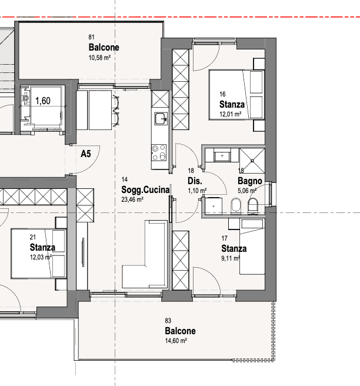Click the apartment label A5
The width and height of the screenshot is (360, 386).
coord(86,154)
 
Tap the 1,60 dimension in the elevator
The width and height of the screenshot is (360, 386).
coord(43,101)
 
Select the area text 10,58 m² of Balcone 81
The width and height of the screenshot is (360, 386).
coord(99,58)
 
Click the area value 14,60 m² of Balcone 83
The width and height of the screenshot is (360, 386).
coord(176,341)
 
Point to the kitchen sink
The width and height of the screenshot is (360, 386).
coord(161,119)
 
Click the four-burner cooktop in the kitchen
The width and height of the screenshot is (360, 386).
coord(159,152)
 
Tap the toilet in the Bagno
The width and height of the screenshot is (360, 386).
coord(253,207)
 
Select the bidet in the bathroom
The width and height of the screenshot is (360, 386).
coord(236,205)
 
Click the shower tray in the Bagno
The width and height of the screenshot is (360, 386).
coord(252,161)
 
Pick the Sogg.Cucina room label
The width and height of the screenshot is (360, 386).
coord(145,190)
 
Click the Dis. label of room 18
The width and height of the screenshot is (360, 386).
coord(195,181)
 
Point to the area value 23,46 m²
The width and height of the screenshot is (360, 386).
coord(132,199)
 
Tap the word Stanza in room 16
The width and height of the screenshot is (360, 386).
coord(232,104)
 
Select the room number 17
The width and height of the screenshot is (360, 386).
coord(224,238)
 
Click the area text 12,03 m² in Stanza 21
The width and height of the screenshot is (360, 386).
coord(41,257)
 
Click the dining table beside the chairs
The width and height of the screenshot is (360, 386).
coord(100,110)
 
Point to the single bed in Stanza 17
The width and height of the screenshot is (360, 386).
coord(252,246)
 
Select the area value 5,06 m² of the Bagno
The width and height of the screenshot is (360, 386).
coord(247,191)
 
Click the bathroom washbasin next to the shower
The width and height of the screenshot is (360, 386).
coord(222,156)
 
